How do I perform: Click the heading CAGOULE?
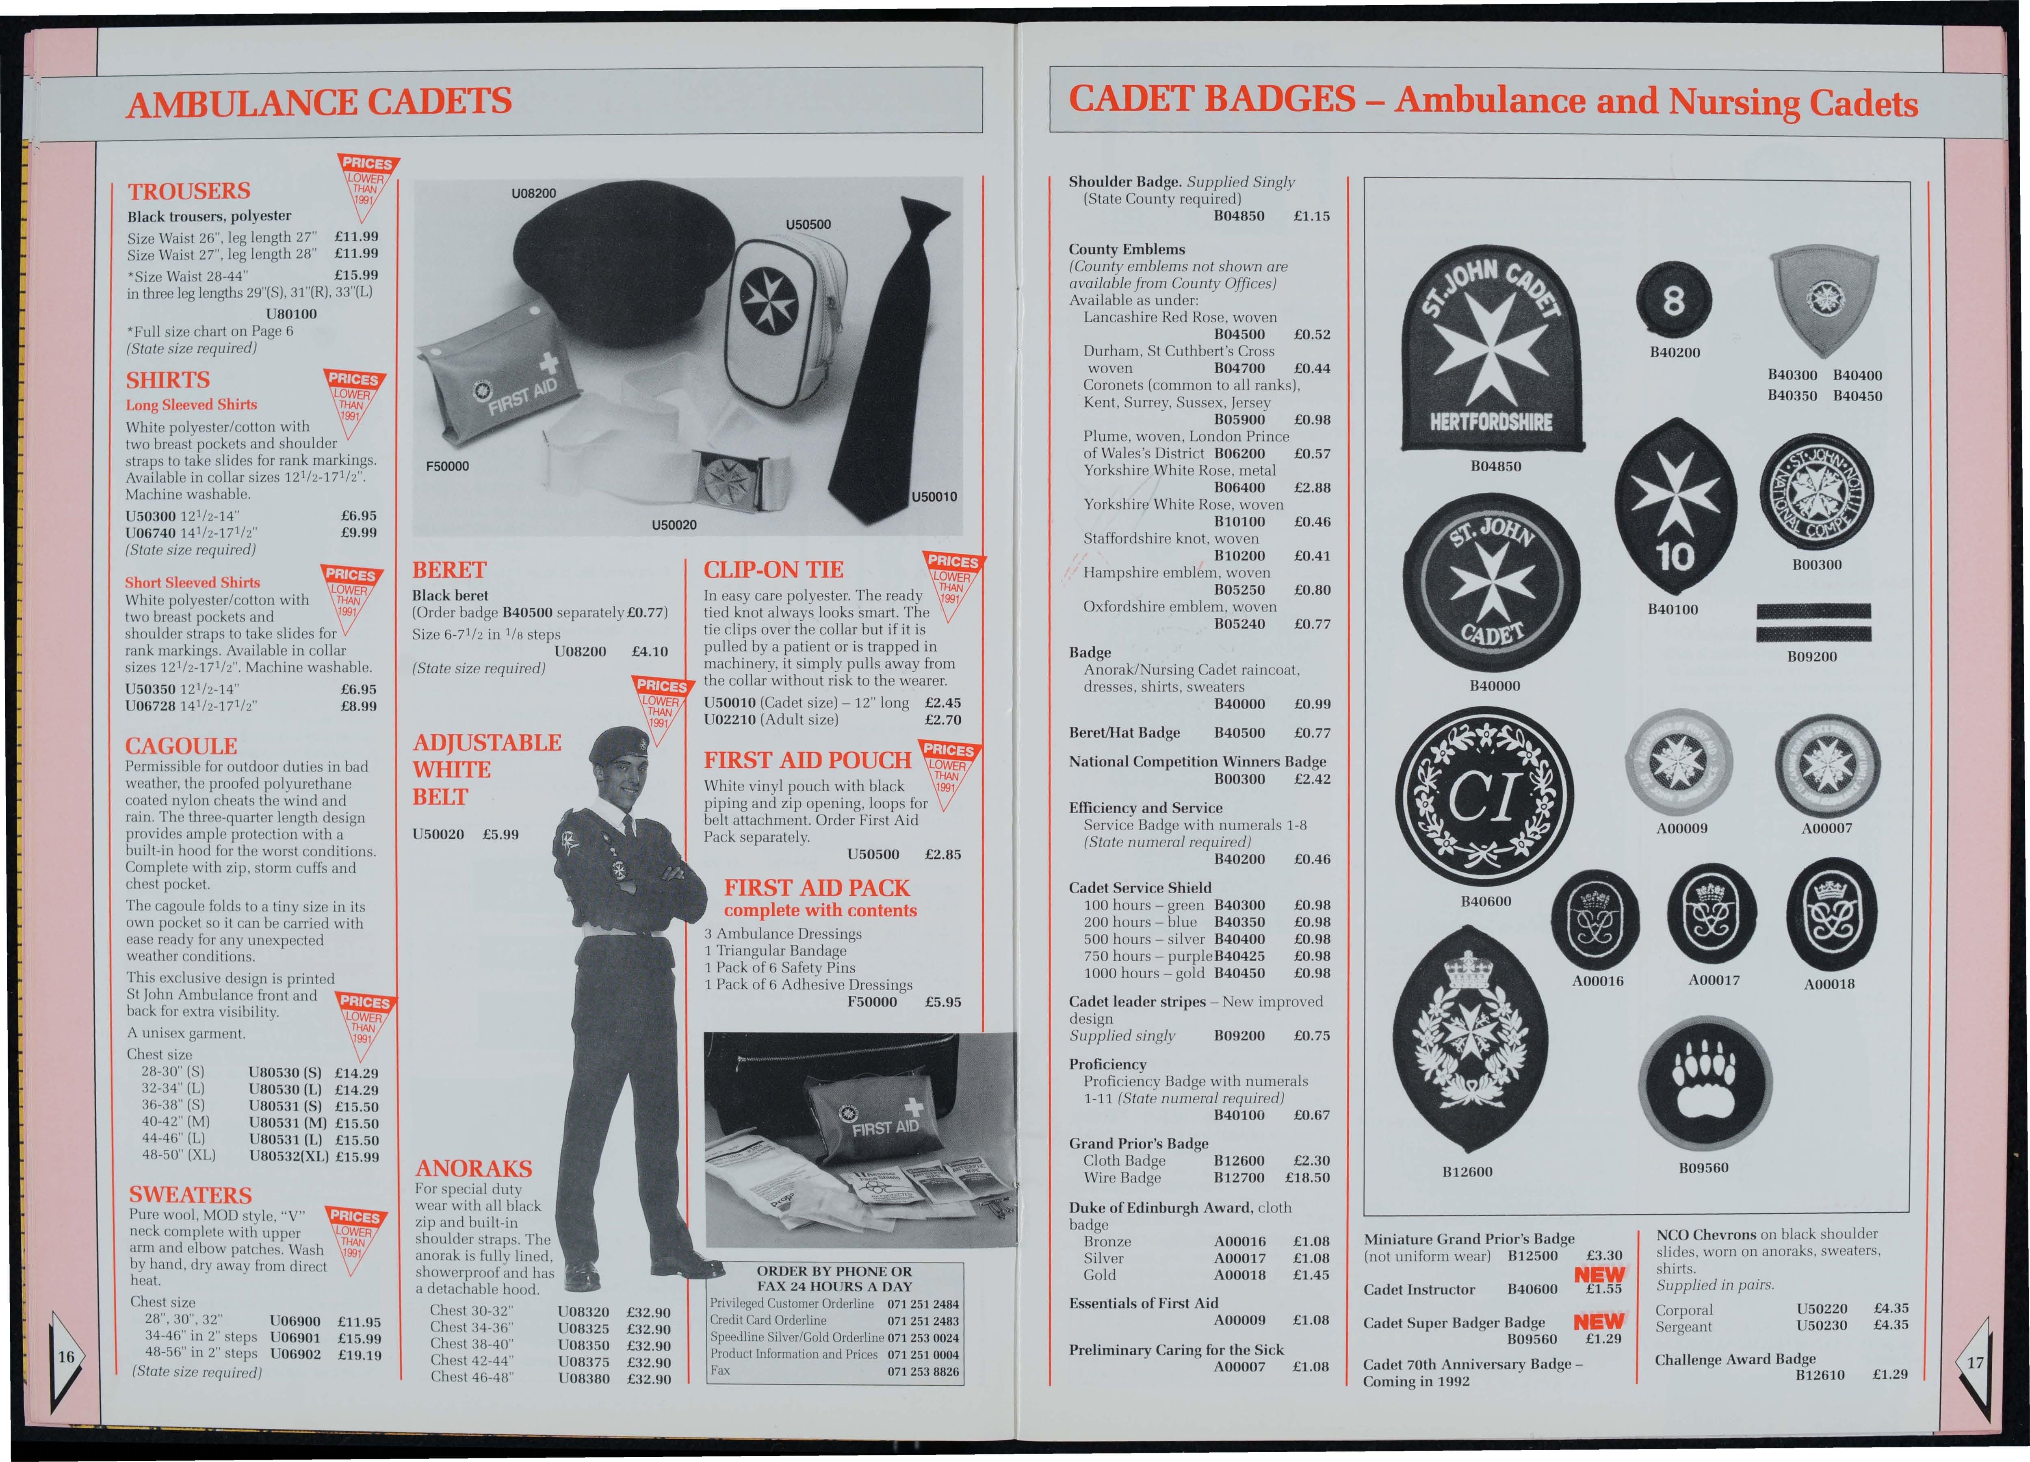tap(181, 746)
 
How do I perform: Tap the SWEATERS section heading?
tap(191, 1195)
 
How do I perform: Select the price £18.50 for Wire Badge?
tap(1308, 1178)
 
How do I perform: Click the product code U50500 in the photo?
tap(808, 224)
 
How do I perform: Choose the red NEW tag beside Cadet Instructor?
tap(1599, 1274)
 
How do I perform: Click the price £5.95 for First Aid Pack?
tap(942, 1002)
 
